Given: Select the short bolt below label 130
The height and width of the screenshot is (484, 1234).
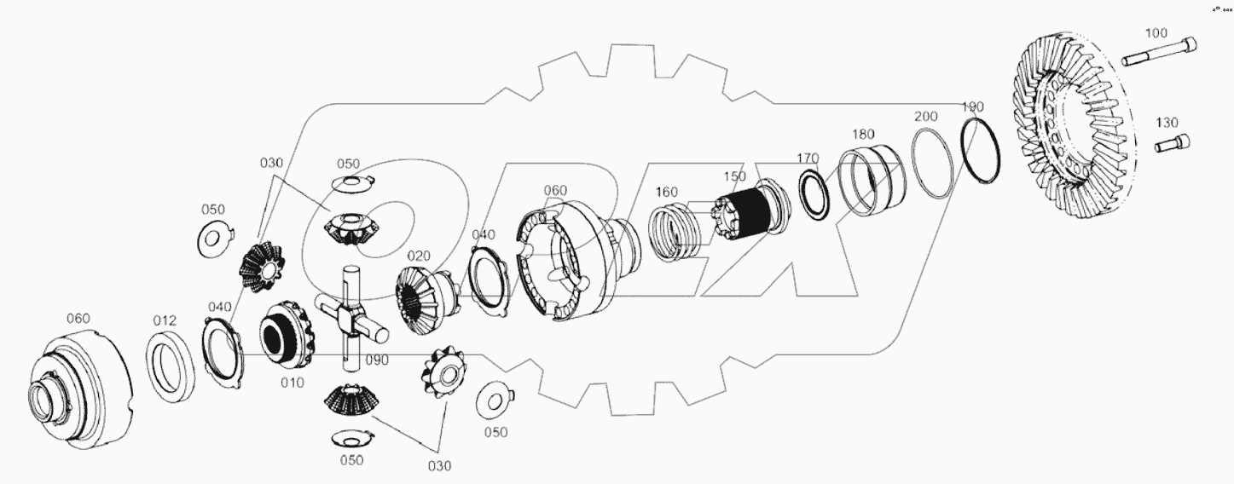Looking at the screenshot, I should pyautogui.click(x=1172, y=144).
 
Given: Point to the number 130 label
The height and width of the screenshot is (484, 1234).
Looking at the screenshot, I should pyautogui.click(x=1167, y=122).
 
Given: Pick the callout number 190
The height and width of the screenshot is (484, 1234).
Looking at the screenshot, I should pyautogui.click(x=972, y=107).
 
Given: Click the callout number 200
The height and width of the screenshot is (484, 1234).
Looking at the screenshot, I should pyautogui.click(x=926, y=116).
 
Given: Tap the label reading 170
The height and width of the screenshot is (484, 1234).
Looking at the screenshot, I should pyautogui.click(x=808, y=158).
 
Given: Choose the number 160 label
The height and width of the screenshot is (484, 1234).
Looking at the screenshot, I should pyautogui.click(x=667, y=192).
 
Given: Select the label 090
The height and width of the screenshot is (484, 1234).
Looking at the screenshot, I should pyautogui.click(x=375, y=360).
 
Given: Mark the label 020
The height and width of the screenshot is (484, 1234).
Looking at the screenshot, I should pyautogui.click(x=419, y=255).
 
